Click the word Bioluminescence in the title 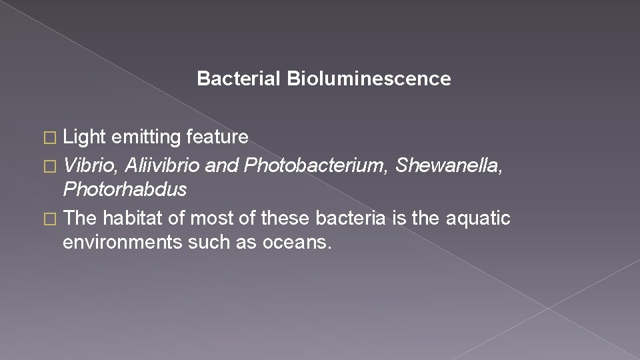coord(369,79)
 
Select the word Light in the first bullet coord(85,137)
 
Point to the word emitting coord(147,137)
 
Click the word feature coord(217,137)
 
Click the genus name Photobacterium coord(315,165)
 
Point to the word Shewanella coord(449,165)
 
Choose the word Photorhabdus coord(125,190)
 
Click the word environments coord(122,243)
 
